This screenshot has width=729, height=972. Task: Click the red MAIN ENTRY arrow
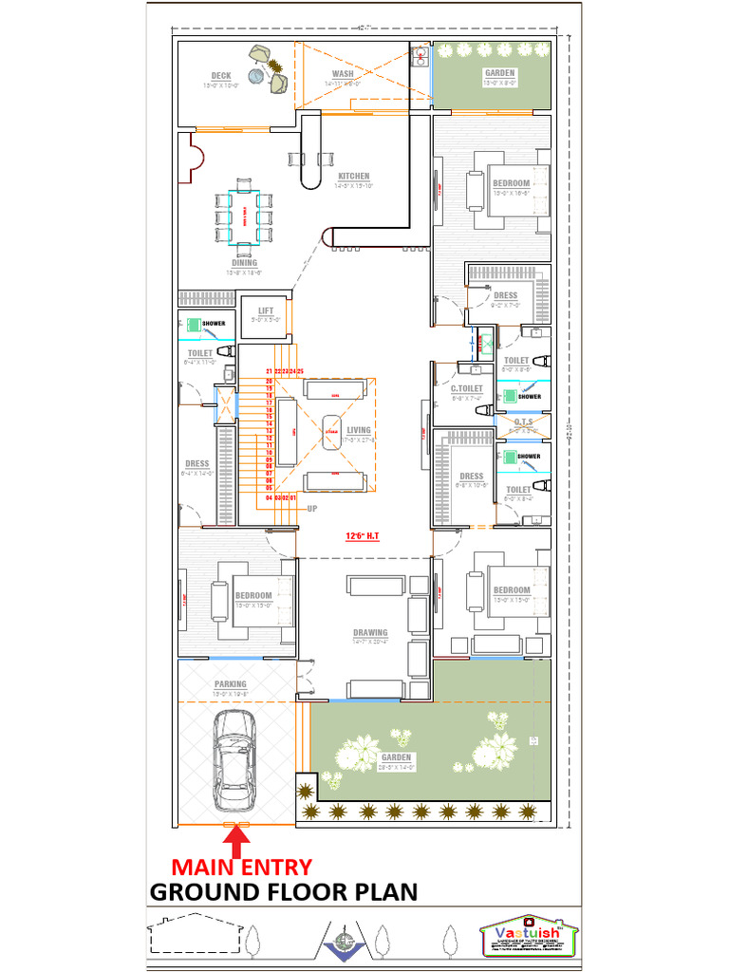click(x=236, y=838)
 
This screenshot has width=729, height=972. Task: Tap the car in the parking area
click(x=233, y=757)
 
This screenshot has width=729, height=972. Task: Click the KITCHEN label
click(x=354, y=177)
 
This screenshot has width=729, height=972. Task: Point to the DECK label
click(x=221, y=76)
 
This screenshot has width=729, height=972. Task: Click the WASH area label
click(x=344, y=74)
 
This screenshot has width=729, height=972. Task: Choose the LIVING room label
click(x=359, y=430)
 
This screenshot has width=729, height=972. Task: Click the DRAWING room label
click(x=370, y=632)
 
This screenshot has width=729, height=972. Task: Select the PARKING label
click(x=230, y=683)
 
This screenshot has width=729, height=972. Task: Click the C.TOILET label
click(x=467, y=388)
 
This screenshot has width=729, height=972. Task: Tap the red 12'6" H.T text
click(x=364, y=536)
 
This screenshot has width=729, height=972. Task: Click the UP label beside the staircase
click(x=311, y=509)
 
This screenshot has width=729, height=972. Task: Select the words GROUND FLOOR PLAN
click(x=284, y=892)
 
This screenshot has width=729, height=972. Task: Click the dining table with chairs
click(x=244, y=216)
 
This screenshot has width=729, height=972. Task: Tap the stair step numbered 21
click(x=270, y=371)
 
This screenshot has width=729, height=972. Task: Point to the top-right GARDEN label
click(x=500, y=73)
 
